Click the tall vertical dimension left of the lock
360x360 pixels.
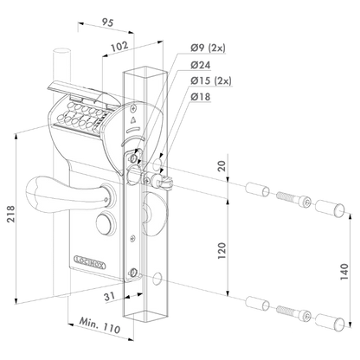pyautogui.click(x=18, y=208)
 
